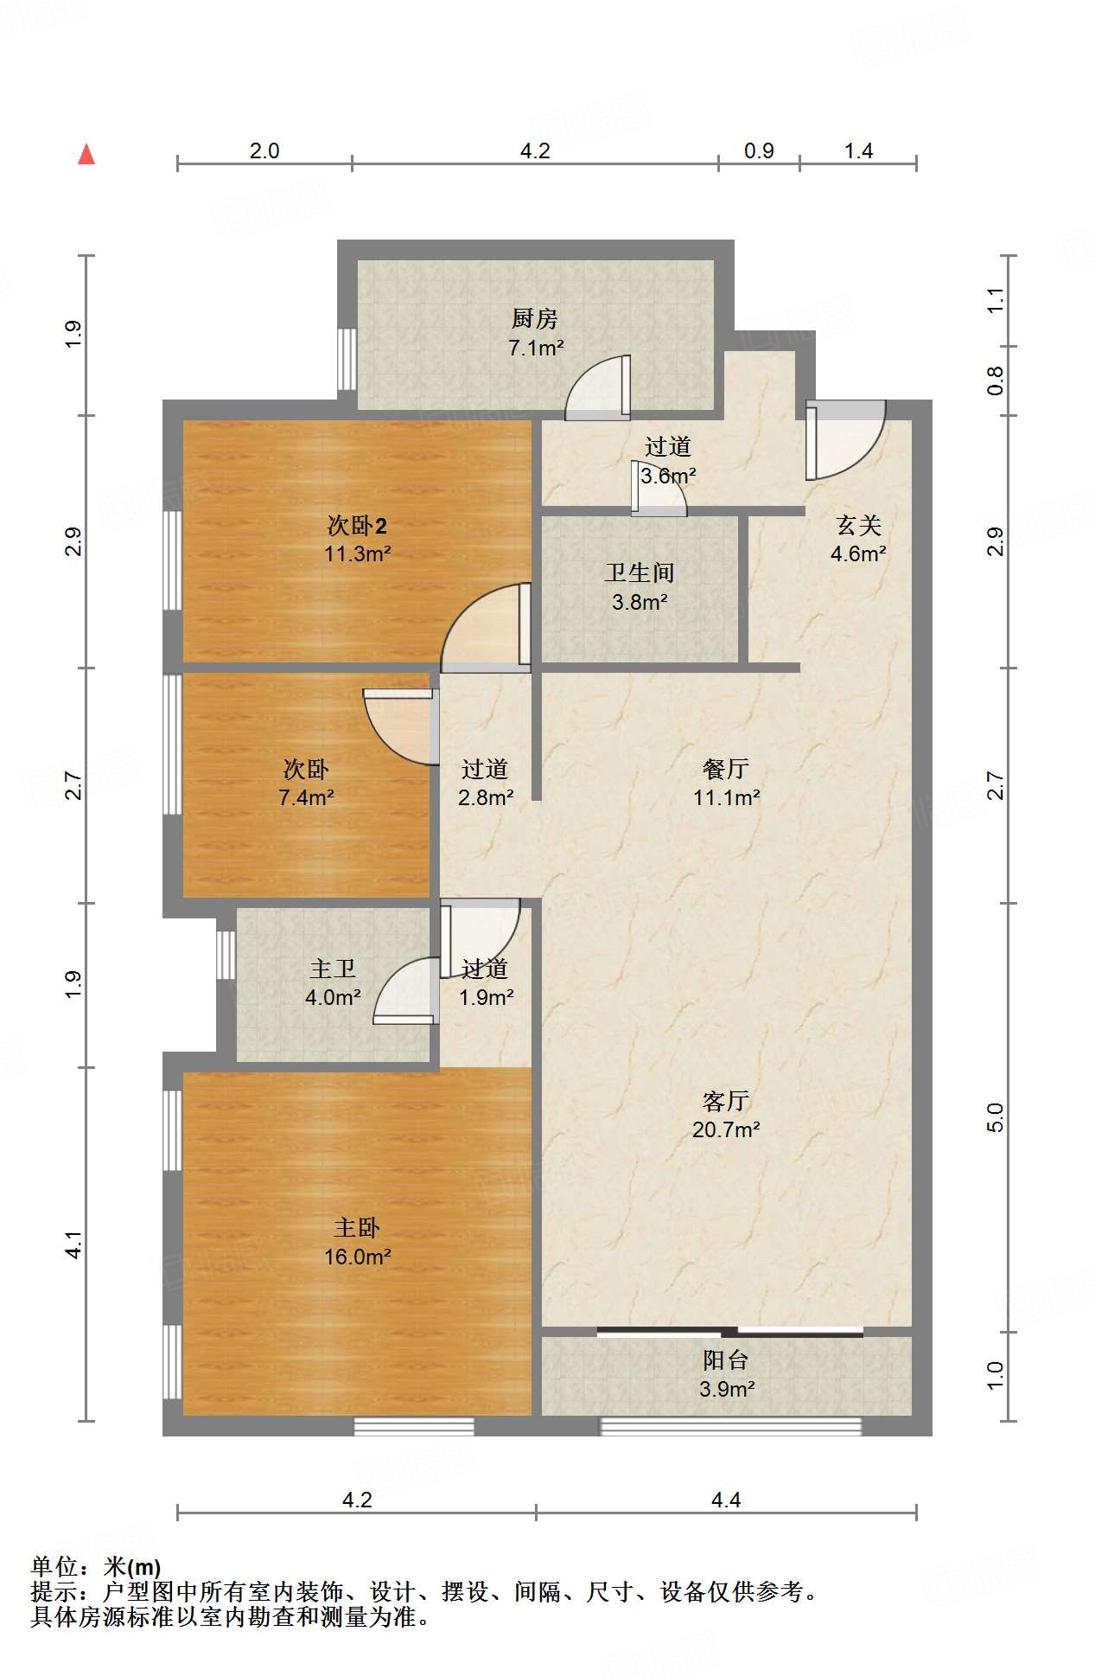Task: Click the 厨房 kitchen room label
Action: (534, 319)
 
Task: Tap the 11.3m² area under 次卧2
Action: (357, 553)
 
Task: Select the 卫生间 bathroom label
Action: (640, 573)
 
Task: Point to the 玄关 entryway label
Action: (858, 525)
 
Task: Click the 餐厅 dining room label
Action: (726, 769)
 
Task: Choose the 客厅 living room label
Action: (726, 1101)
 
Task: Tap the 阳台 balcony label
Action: (726, 1360)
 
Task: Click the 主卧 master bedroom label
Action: (357, 1228)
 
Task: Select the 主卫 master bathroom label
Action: (333, 969)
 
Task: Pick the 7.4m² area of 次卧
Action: (306, 797)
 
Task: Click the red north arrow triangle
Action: (86, 154)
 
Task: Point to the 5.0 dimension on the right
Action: (996, 1117)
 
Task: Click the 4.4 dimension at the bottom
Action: (726, 1500)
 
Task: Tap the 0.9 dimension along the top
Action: (759, 151)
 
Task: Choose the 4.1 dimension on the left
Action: (74, 1244)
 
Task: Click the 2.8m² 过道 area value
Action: (485, 797)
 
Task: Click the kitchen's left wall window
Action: (347, 359)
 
